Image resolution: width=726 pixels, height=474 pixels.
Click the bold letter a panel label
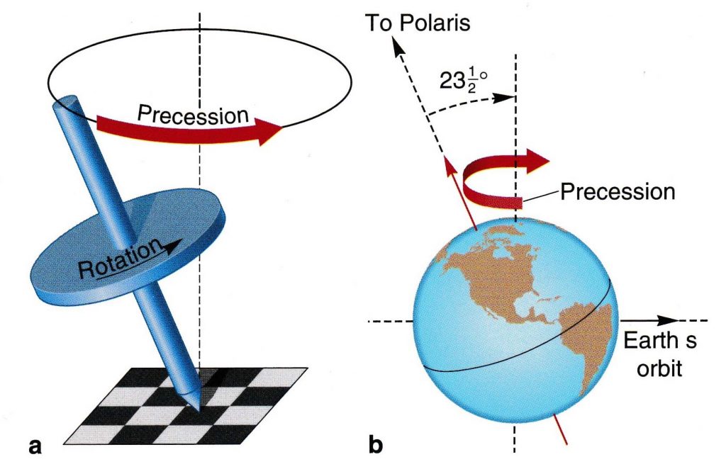(x=32, y=446)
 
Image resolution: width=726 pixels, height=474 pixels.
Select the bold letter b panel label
(x=376, y=446)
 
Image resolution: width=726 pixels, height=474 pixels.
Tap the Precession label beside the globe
(x=618, y=191)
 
